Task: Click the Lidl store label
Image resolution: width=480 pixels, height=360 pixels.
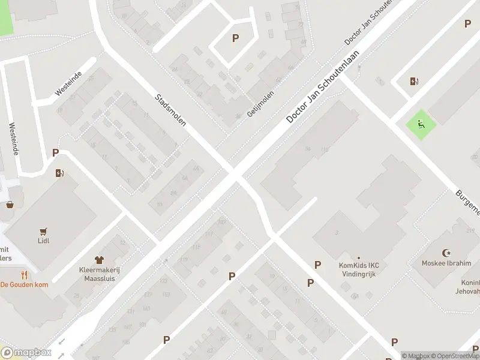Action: (x=43, y=241)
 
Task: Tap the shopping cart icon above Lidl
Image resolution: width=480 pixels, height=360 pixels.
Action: (x=43, y=230)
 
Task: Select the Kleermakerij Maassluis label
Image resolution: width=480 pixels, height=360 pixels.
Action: (x=100, y=274)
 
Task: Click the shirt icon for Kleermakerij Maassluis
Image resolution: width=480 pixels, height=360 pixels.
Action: (x=100, y=260)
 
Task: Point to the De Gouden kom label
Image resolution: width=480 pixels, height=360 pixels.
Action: (x=24, y=284)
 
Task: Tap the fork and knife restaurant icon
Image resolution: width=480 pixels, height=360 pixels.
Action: (x=24, y=275)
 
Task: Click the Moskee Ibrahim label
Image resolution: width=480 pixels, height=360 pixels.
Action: (x=446, y=263)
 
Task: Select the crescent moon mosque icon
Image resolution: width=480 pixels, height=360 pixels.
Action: (x=446, y=253)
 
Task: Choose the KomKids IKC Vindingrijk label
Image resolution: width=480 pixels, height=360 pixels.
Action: (x=359, y=268)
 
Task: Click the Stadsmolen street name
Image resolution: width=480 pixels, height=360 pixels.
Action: (x=170, y=109)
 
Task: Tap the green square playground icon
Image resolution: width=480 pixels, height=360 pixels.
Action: (x=421, y=125)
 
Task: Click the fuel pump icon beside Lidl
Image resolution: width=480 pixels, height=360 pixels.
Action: (x=59, y=173)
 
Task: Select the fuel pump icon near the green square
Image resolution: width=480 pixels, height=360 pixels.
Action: (x=413, y=81)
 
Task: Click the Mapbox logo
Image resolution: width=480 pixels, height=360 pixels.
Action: (x=26, y=353)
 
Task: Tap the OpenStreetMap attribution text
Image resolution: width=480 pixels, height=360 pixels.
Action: (x=454, y=356)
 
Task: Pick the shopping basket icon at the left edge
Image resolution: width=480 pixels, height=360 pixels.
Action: (x=10, y=205)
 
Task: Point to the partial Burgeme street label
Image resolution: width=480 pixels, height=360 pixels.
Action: (x=467, y=203)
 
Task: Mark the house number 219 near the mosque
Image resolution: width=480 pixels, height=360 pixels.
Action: (x=469, y=230)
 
